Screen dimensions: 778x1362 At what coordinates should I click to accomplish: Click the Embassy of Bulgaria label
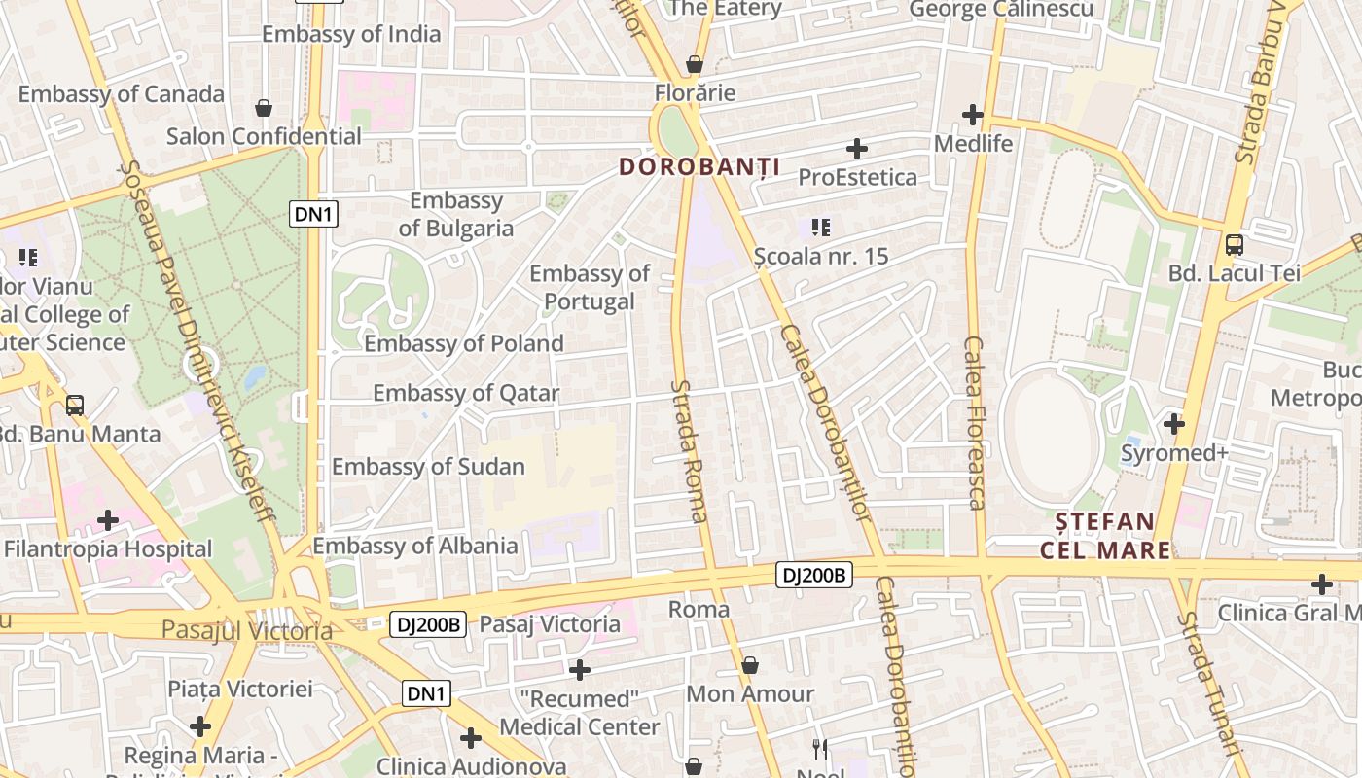pos(455,215)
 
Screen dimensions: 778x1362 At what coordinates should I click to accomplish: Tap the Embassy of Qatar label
pos(466,393)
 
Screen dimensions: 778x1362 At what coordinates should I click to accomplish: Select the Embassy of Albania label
pos(414,546)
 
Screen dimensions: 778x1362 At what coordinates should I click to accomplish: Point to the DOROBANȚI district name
pos(699,167)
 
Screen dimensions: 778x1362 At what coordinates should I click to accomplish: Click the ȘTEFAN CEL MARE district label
pos(1106,536)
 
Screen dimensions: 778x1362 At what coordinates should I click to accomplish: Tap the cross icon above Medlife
pos(973,115)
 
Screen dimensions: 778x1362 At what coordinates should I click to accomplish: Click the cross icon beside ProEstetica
pos(856,149)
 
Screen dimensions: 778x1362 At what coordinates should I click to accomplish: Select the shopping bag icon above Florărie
pos(694,65)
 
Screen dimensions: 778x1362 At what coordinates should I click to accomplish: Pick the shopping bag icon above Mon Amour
pos(749,666)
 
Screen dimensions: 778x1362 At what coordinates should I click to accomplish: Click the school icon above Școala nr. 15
pos(821,229)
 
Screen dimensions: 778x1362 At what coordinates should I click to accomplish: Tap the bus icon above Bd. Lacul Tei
pos(1234,245)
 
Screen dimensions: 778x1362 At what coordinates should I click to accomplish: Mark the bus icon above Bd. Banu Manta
pos(75,405)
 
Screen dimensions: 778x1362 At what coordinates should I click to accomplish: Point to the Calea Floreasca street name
pos(975,422)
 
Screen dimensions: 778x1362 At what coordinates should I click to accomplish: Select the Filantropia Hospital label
pos(108,548)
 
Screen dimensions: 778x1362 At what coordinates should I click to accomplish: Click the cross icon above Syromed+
pos(1174,424)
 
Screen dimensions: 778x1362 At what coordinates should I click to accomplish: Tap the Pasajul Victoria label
pos(247,630)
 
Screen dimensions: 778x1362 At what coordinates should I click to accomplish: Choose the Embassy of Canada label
pos(122,94)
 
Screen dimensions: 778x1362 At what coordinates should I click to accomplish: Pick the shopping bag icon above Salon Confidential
pos(263,107)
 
